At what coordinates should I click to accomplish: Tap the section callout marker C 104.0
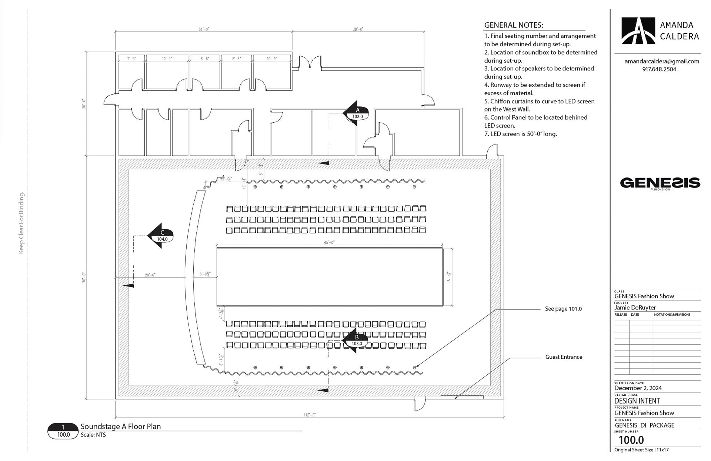pos(161,236)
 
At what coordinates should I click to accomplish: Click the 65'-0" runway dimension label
pos(329,242)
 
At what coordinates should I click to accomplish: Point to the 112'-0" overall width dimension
pos(309,415)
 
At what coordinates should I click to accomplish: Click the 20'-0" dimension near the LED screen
pos(150,275)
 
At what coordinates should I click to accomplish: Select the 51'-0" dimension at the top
pos(204,29)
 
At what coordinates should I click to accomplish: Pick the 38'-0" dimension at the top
pos(358,29)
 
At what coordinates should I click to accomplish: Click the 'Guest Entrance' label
pos(564,357)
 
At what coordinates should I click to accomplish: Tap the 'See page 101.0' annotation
pos(563,309)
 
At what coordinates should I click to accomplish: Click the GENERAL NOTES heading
pos(514,25)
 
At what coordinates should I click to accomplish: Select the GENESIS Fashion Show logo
pos(660,183)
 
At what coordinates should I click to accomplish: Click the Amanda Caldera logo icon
pos(638,31)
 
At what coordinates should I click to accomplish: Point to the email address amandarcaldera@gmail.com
pos(662,61)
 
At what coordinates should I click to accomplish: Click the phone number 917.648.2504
pos(659,69)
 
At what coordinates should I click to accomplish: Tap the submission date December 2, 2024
pos(638,388)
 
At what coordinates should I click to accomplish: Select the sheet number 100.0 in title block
pos(631,440)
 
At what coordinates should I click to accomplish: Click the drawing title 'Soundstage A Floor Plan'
pos(121,427)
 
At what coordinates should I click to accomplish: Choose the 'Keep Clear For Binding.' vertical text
pos(21,223)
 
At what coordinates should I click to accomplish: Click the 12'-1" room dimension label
pos(167,59)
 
